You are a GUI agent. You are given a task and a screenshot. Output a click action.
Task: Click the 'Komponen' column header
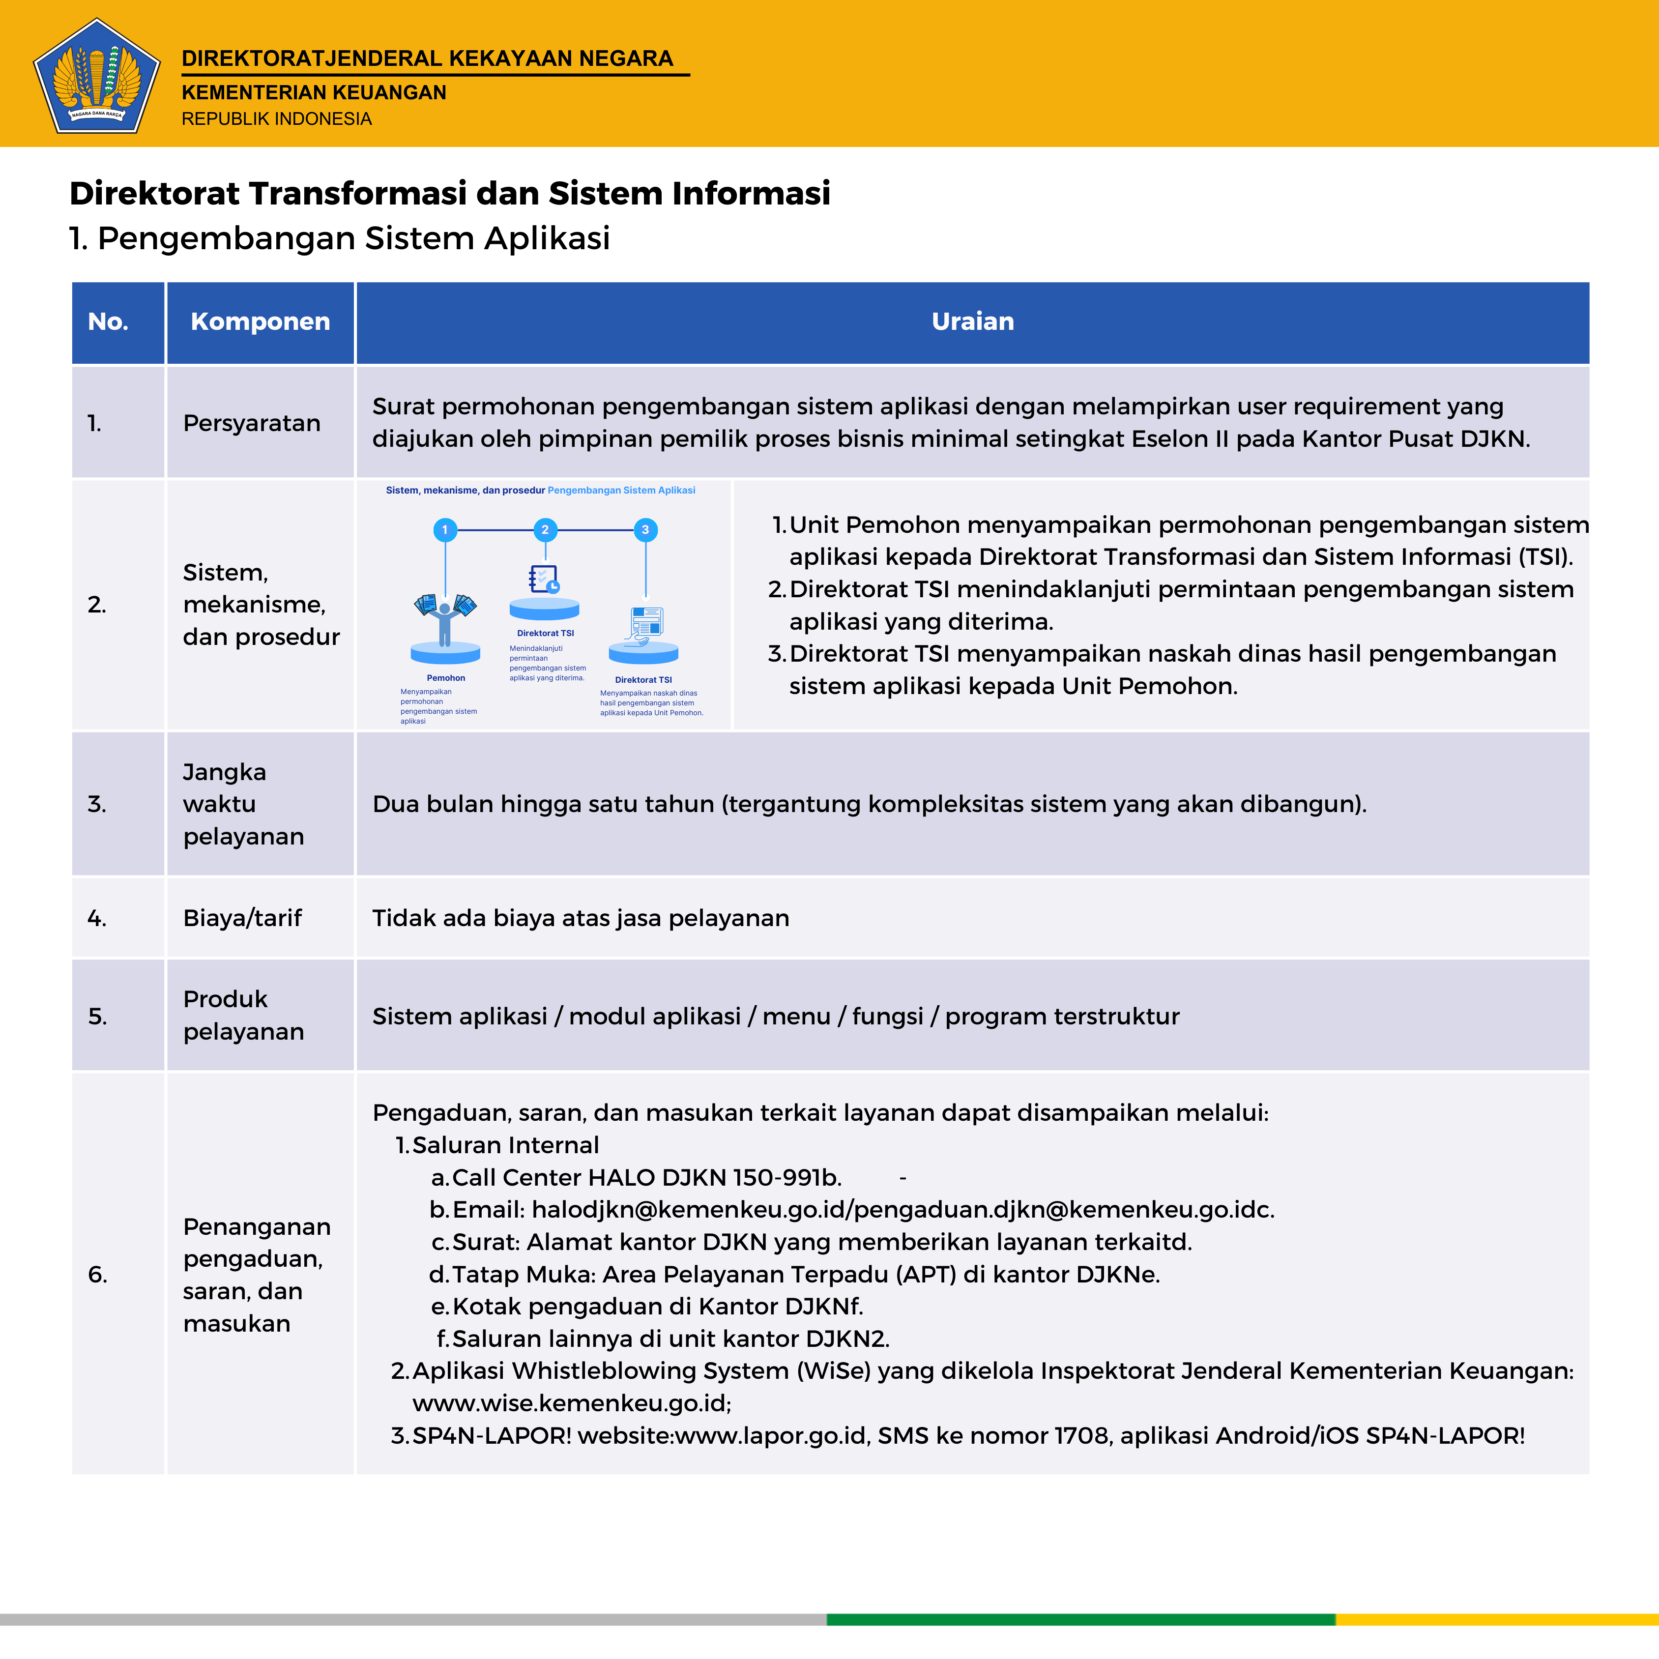[260, 322]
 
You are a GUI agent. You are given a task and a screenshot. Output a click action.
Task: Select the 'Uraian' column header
[972, 322]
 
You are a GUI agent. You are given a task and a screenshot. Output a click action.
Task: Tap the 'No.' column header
[108, 322]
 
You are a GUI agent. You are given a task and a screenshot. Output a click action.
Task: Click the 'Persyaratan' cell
[252, 423]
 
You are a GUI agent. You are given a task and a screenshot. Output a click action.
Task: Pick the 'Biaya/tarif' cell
[242, 918]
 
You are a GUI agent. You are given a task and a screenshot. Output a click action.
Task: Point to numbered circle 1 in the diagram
[445, 530]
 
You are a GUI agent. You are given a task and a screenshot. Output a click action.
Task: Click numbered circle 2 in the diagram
[545, 530]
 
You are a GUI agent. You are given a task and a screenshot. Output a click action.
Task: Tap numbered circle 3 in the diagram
[645, 530]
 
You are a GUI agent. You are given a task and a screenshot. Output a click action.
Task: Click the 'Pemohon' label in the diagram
[446, 678]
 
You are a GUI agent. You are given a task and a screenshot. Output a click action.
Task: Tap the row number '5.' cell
[97, 1017]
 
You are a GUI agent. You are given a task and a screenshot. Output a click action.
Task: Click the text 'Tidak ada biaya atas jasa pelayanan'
[581, 918]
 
